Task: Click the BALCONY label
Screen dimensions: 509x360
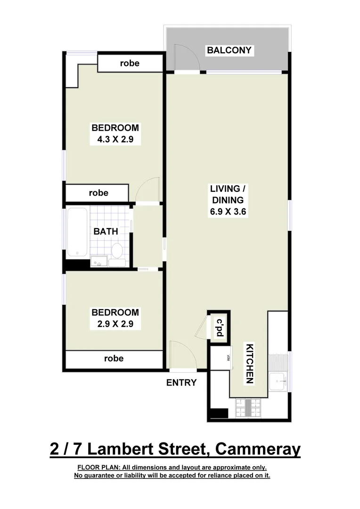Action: coord(229,50)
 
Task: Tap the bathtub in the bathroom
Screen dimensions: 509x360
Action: coord(77,231)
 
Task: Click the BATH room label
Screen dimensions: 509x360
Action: coord(106,231)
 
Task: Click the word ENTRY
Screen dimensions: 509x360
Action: coord(181,383)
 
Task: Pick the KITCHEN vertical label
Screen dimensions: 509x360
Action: coord(249,364)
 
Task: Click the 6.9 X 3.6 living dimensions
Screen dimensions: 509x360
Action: coord(229,212)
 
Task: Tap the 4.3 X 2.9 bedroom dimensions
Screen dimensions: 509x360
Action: coord(115,140)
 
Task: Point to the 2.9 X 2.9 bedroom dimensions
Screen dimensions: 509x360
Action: coord(115,324)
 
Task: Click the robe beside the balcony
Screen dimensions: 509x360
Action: coord(130,63)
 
